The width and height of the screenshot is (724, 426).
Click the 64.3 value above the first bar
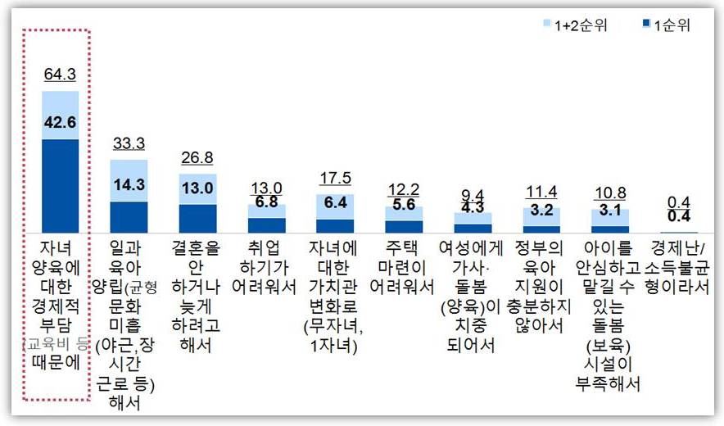coord(60,75)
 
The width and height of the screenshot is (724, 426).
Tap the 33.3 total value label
coord(129,143)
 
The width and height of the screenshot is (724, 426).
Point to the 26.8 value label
coord(197,157)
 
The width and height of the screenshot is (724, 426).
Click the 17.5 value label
coord(334,178)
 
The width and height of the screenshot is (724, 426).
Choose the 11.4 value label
coord(541,192)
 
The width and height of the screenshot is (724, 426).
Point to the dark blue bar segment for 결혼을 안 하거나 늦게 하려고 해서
coord(197,219)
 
